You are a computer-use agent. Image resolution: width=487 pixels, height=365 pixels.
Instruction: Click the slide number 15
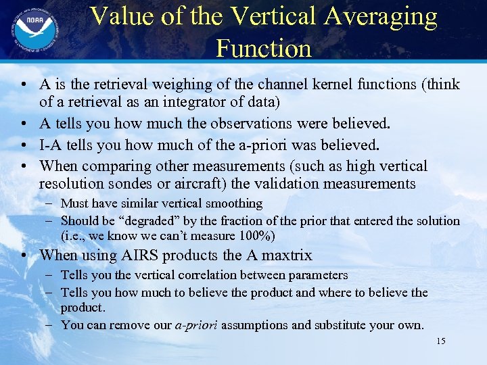[x=441, y=341]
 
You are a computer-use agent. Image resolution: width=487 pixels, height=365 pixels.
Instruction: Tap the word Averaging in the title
[x=379, y=16]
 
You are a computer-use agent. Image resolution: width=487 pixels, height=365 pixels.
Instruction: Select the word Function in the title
[x=264, y=48]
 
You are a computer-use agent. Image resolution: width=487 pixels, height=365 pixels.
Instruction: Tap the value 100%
[x=256, y=236]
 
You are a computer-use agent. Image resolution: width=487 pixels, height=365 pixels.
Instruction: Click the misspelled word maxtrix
[x=285, y=255]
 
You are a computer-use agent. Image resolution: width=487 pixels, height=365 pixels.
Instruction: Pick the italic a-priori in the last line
[x=196, y=325]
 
